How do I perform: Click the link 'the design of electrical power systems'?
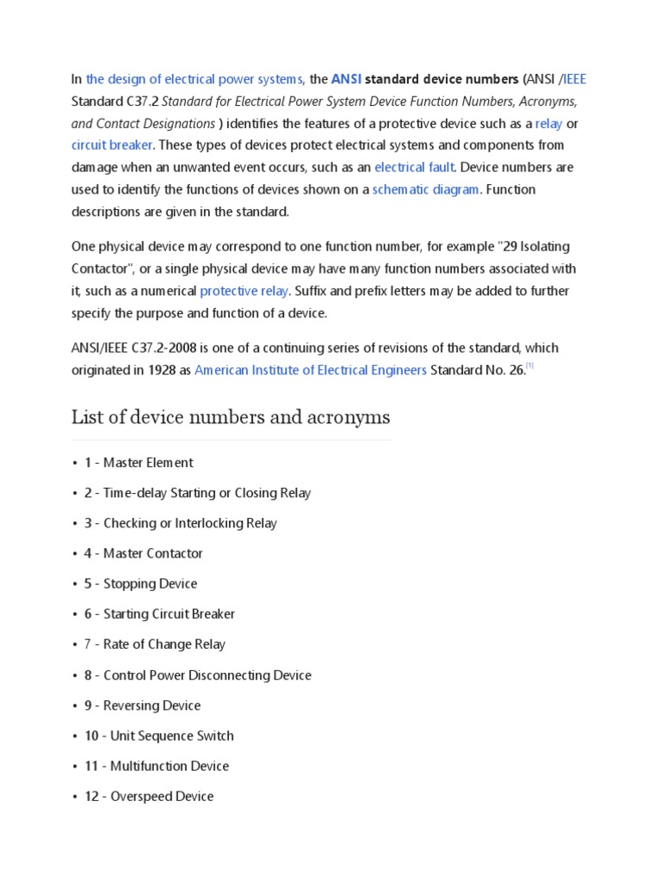click(195, 79)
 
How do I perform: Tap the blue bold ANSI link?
click(346, 79)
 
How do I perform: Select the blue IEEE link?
click(575, 79)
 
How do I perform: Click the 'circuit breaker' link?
click(112, 145)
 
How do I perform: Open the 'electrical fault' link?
click(414, 167)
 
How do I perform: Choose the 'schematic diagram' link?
click(425, 189)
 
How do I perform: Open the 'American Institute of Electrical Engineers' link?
click(311, 370)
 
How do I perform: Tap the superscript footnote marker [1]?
click(531, 367)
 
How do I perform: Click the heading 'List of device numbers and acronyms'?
click(231, 418)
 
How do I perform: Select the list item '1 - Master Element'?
click(139, 463)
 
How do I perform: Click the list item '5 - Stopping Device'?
click(140, 583)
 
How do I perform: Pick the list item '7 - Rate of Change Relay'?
click(154, 644)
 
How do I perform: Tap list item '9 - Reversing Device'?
click(142, 705)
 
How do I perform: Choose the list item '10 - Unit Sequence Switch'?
click(158, 736)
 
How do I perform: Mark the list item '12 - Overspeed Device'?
click(148, 797)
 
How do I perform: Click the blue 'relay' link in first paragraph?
click(548, 123)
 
